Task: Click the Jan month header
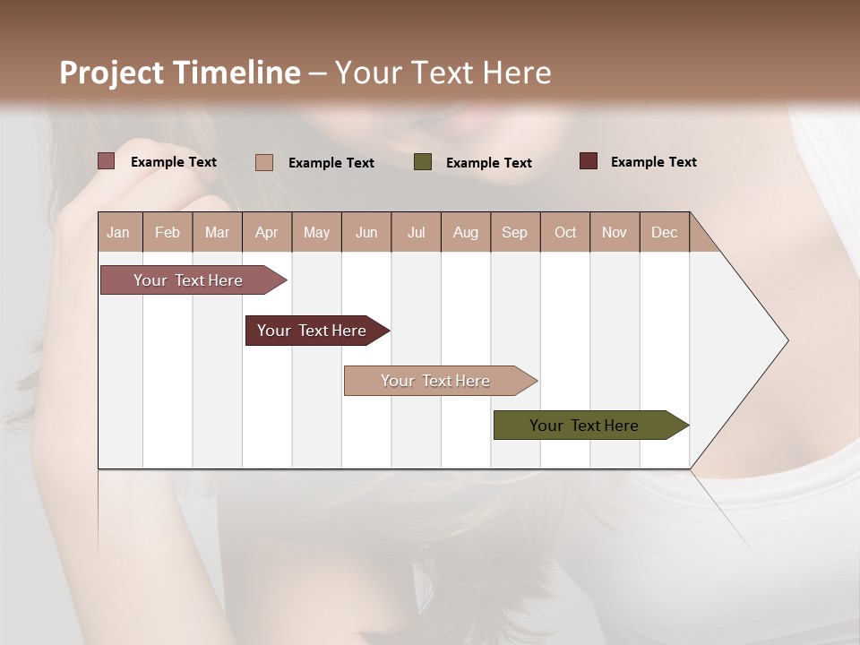pos(118,232)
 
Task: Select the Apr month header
pos(266,232)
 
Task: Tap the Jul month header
pos(416,232)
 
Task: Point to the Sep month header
pos(514,232)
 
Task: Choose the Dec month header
pos(664,232)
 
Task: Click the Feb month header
pos(168,232)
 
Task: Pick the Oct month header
pos(565,232)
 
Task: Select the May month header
pos(316,232)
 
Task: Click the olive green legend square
pos(423,162)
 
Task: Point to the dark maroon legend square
pos(589,161)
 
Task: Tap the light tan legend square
pos(264,162)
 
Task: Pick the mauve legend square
pos(107,161)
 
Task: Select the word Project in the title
pos(111,73)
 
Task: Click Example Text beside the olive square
pos(488,163)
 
